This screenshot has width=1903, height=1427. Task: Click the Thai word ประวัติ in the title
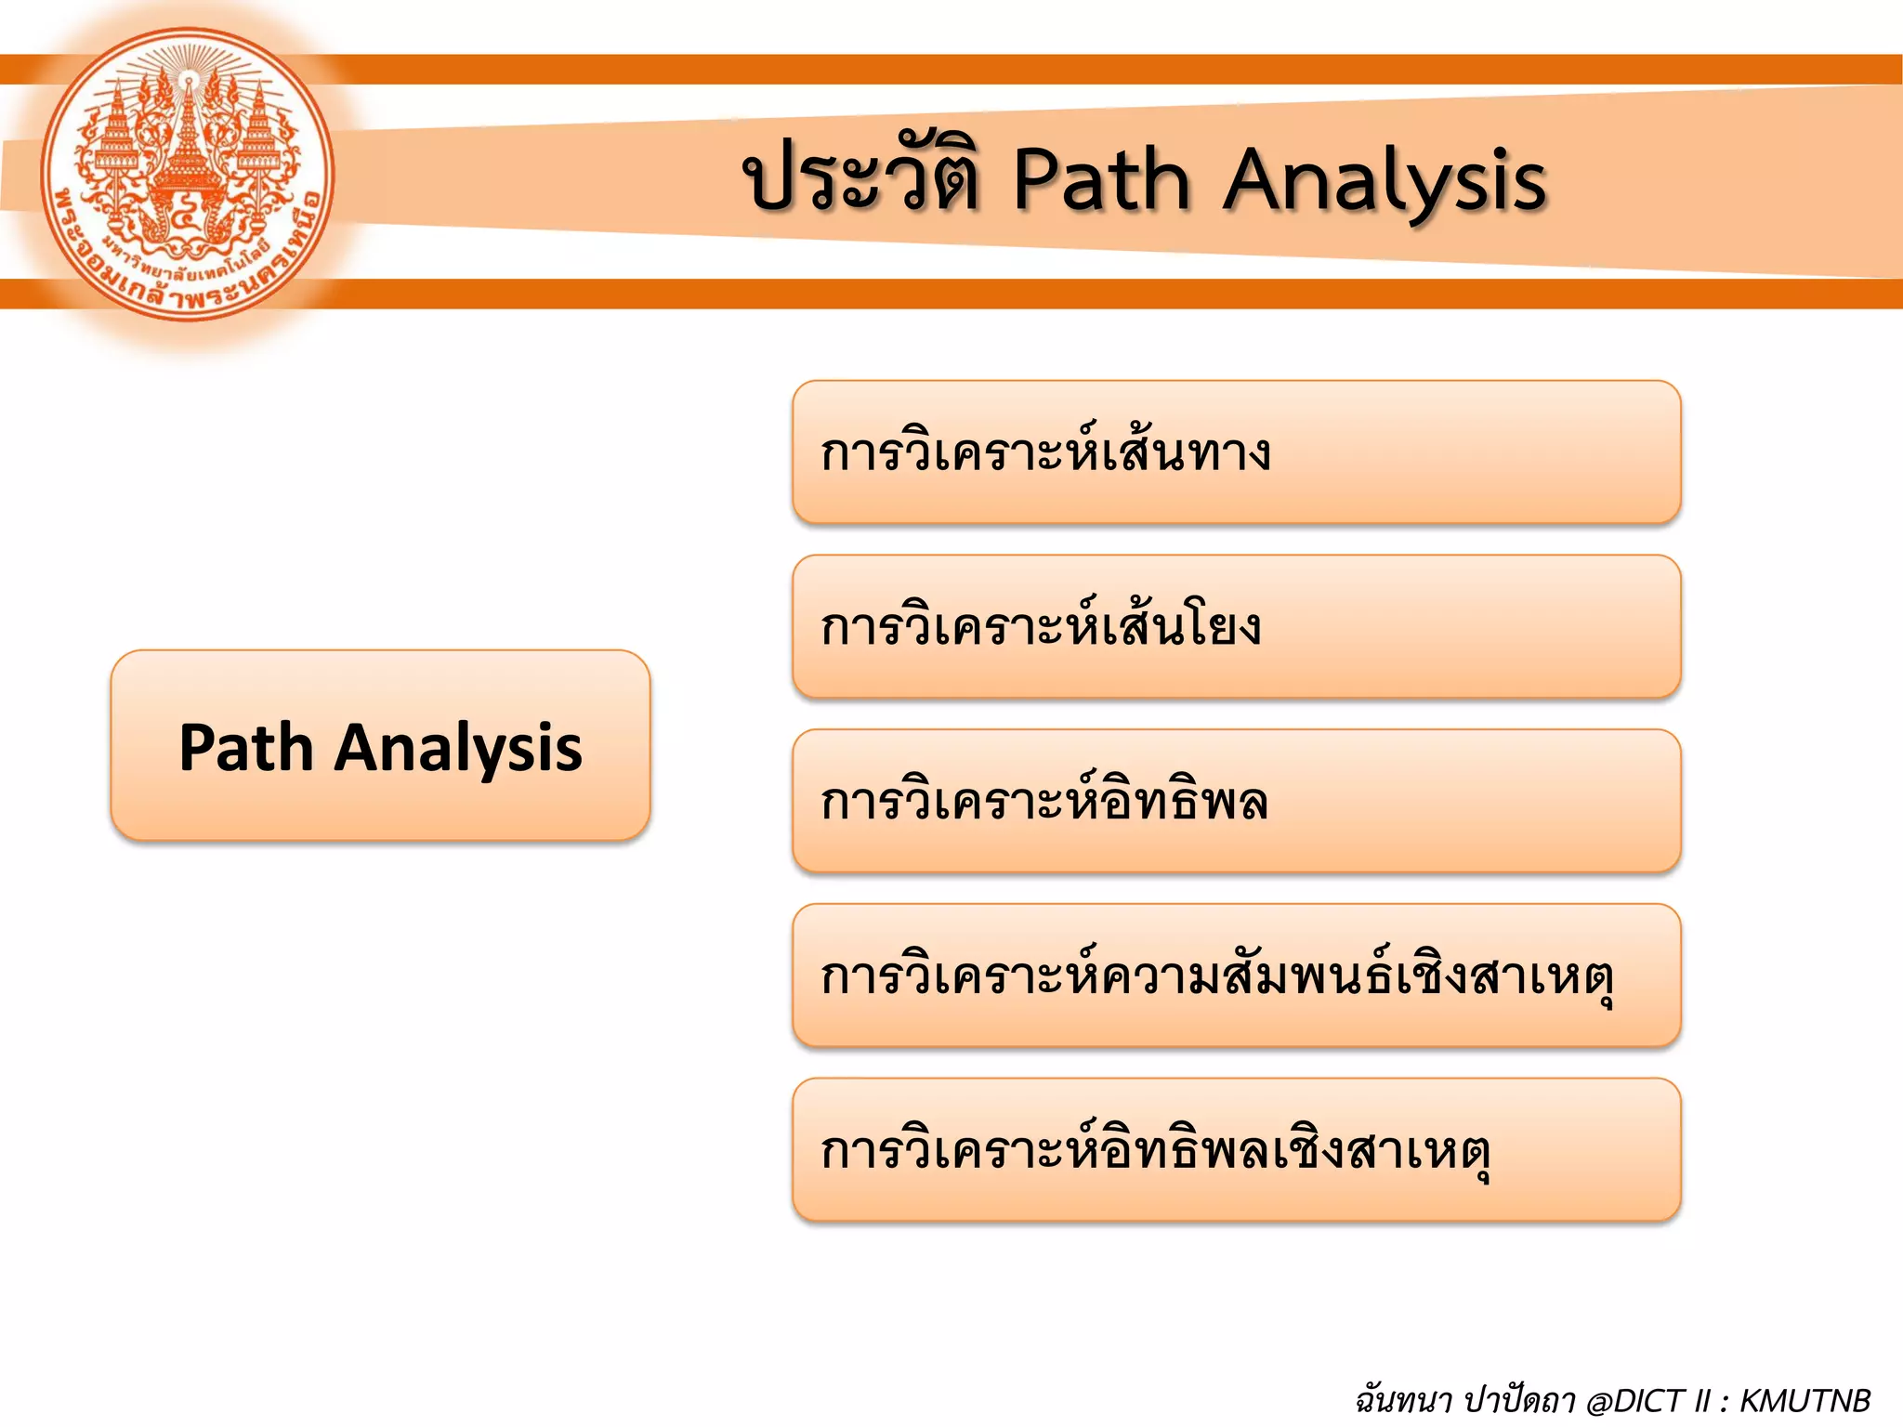pyautogui.click(x=862, y=179)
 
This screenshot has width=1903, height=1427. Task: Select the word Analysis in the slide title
pyautogui.click(x=1384, y=181)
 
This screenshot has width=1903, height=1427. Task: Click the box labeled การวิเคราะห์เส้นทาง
pyautogui.click(x=1236, y=452)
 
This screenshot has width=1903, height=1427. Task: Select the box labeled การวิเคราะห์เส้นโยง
pyautogui.click(x=1236, y=627)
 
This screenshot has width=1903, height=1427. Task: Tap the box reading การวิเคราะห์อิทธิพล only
pyautogui.click(x=1236, y=801)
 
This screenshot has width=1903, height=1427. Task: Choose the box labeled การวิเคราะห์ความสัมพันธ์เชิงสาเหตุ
pyautogui.click(x=1236, y=975)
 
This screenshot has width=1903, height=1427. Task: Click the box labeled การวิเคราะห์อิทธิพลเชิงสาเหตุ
pyautogui.click(x=1236, y=1150)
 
